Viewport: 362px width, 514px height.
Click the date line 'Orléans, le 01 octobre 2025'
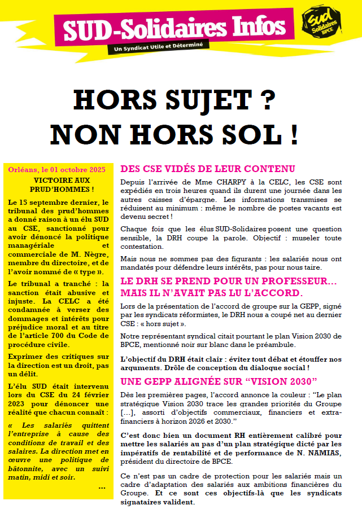pos(57,169)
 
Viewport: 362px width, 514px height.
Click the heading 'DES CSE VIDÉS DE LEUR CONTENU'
pos(207,169)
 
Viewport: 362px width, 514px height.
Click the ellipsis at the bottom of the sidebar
pos(102,486)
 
